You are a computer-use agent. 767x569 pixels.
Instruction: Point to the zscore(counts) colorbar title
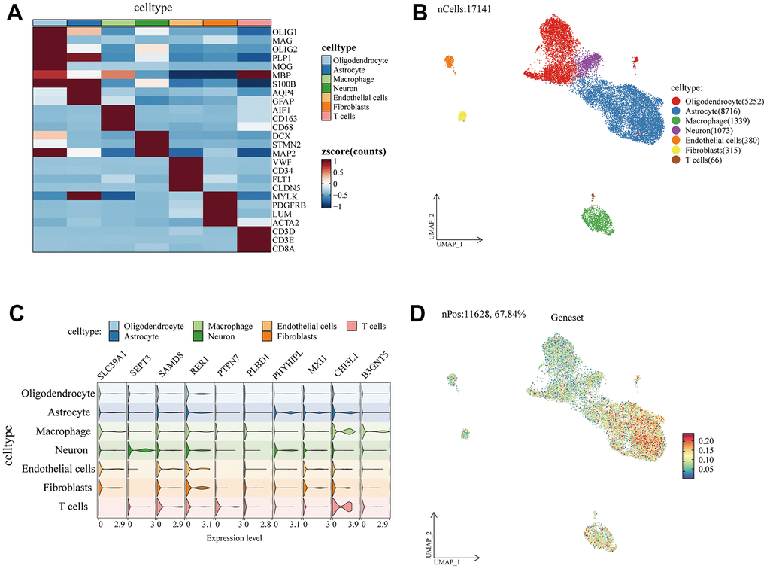[353, 151]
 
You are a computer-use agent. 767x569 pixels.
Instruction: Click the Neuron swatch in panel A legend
[326, 87]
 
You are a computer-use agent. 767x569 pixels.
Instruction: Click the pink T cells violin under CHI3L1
[346, 506]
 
